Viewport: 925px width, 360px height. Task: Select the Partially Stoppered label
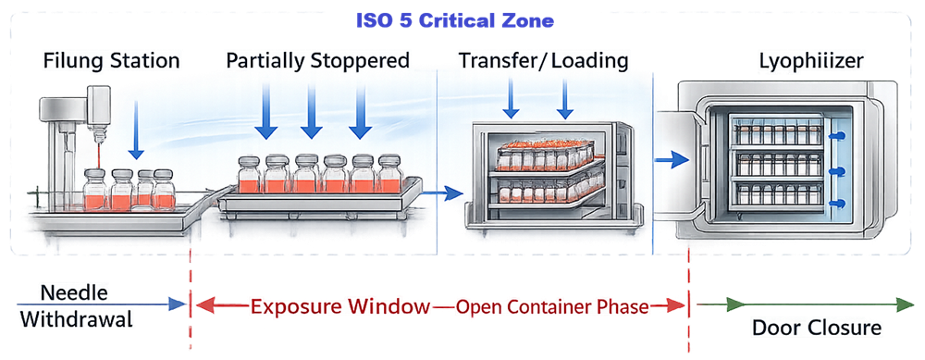coord(317,62)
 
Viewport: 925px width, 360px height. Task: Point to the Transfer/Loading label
coord(544,62)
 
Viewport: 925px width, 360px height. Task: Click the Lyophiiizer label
coord(808,62)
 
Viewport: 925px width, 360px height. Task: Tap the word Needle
coord(73,293)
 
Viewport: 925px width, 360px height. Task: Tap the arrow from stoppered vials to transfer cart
coord(446,193)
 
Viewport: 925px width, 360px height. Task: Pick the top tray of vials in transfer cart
coord(543,152)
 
